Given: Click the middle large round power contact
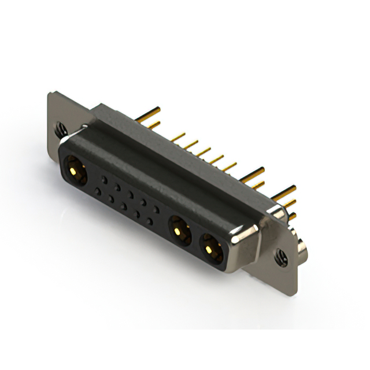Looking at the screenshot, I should [179, 232].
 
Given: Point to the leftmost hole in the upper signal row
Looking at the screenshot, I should [104, 179].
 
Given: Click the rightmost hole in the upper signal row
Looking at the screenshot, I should [157, 207].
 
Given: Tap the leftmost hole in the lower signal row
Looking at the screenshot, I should [98, 191].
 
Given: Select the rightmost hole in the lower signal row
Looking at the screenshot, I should [150, 220].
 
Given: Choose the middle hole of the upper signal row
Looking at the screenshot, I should [131, 193].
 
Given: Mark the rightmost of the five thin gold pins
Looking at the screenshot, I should [230, 167].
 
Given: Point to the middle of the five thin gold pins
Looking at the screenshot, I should [203, 152].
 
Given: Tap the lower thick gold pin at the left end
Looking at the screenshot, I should [152, 125].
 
